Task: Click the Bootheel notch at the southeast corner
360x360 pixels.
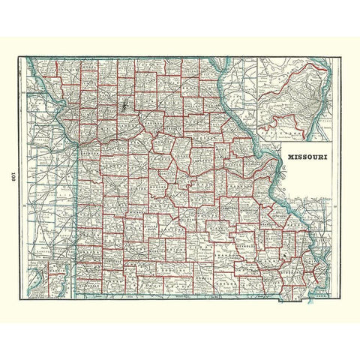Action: click(296, 298)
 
